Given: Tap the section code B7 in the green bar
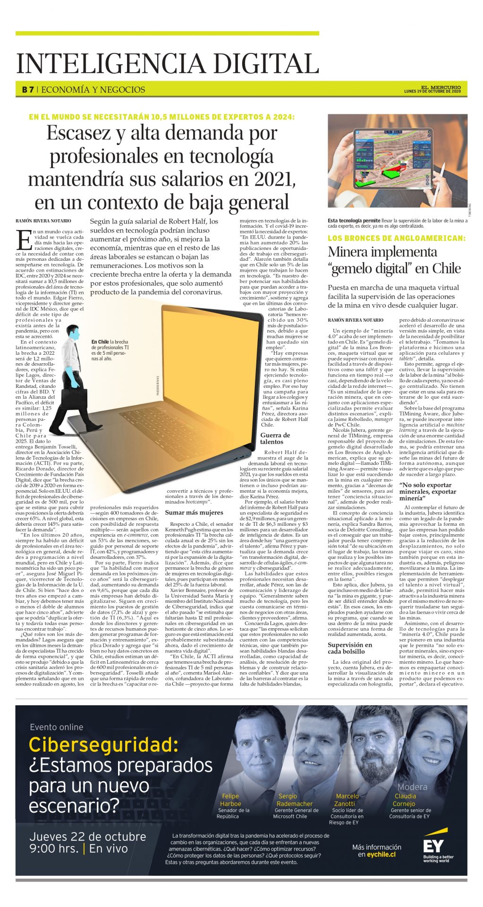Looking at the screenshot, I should coord(27,89).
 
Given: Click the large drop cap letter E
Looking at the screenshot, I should coord(24,240).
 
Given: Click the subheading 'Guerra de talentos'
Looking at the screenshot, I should coord(275,438).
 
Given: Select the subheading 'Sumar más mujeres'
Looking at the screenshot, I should coord(194,512).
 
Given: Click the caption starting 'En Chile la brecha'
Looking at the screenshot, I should coord(110,350).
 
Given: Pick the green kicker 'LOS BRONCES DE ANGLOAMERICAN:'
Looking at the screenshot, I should coord(397,238).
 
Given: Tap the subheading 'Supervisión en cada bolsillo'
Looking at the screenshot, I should coord(356,648).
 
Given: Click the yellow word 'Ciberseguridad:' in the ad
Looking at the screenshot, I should coord(103,745).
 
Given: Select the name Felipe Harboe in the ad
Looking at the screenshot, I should coord(230,800).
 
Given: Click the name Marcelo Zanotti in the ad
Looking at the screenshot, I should coord(347,800).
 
